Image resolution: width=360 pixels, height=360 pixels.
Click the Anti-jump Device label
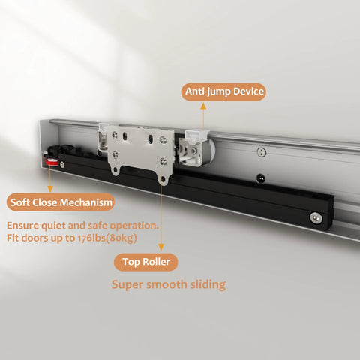coord(223,92)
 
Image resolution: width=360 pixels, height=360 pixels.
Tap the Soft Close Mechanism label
coord(61,202)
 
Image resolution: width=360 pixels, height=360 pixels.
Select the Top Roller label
coord(147,262)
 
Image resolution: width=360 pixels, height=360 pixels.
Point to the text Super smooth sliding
coord(168,285)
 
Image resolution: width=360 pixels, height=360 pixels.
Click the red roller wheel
coord(53,164)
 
